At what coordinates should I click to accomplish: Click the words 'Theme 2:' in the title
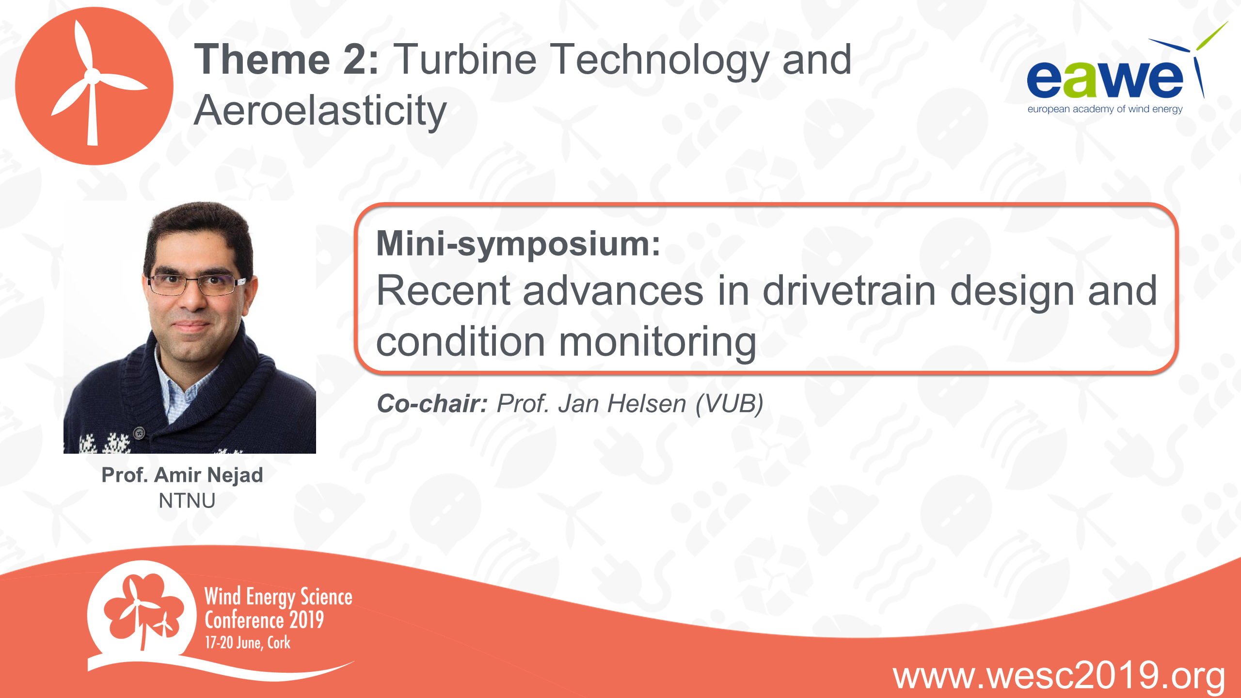(x=286, y=60)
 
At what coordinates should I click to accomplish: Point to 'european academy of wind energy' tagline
(x=1105, y=110)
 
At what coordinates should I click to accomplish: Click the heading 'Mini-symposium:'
(x=518, y=244)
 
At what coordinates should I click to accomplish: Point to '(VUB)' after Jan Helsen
(x=730, y=404)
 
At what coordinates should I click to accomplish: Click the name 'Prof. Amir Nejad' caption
(x=182, y=475)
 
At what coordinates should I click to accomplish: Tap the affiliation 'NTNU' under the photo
(x=187, y=501)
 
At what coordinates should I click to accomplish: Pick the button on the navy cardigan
(x=139, y=432)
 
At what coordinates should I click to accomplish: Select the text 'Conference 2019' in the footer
(x=264, y=620)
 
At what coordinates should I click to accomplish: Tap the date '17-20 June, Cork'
(x=248, y=643)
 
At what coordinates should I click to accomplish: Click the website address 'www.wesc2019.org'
(x=1059, y=676)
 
